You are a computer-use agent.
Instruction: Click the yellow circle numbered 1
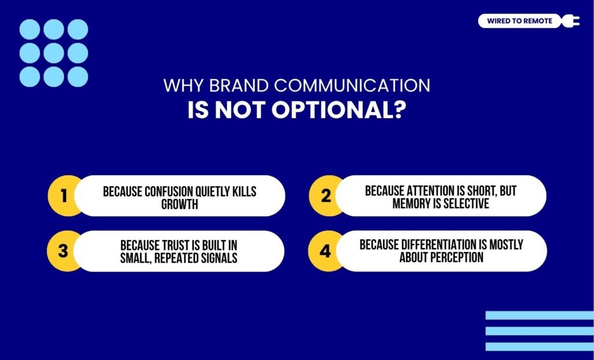pos(63,196)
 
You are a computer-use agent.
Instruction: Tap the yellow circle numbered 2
pos(325,196)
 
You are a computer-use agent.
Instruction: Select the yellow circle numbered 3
pos(63,251)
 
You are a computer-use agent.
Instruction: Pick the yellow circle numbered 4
pos(325,251)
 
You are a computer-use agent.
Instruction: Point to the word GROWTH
pos(179,204)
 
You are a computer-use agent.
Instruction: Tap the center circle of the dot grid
pos(53,53)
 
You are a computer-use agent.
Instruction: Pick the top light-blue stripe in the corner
pos(539,315)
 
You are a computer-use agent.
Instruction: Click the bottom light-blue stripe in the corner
pos(539,347)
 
